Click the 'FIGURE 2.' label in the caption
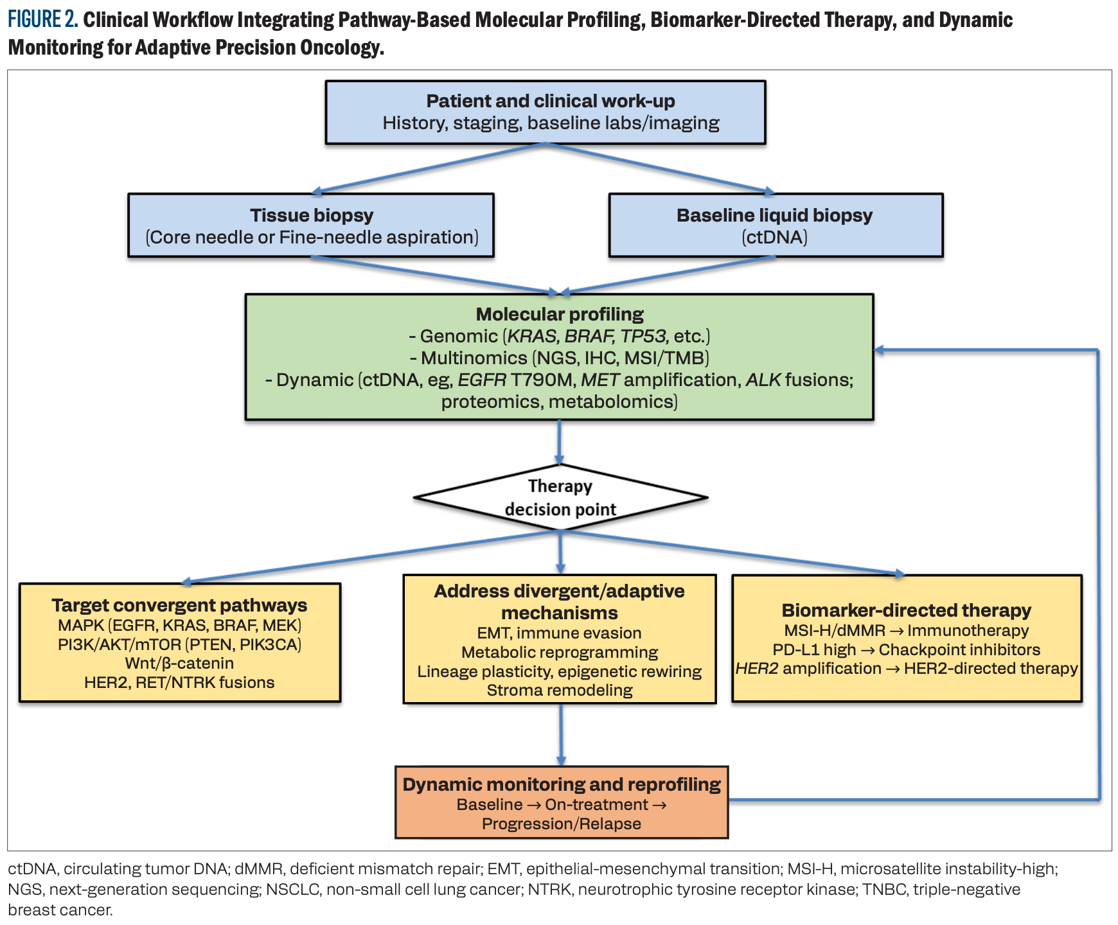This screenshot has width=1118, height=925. pyautogui.click(x=42, y=20)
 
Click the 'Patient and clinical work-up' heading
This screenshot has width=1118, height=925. pyautogui.click(x=551, y=101)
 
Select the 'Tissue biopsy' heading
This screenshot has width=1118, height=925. pyautogui.click(x=312, y=215)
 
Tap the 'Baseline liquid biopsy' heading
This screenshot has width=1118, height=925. pyautogui.click(x=774, y=215)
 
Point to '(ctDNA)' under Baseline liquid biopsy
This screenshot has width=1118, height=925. pyautogui.click(x=774, y=238)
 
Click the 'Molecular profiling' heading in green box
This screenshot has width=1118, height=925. pyautogui.click(x=560, y=314)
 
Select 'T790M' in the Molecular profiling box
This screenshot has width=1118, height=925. pyautogui.click(x=541, y=380)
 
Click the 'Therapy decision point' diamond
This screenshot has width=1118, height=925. pyautogui.click(x=560, y=498)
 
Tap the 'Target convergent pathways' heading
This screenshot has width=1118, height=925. pyautogui.click(x=179, y=605)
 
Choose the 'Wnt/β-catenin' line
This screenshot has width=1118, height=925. pyautogui.click(x=179, y=663)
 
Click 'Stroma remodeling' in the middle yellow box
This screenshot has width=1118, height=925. pyautogui.click(x=560, y=691)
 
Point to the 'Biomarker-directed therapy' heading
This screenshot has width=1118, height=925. pyautogui.click(x=906, y=610)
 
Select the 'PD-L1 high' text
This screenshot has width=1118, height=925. pyautogui.click(x=814, y=649)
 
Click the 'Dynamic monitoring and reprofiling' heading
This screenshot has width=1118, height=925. pyautogui.click(x=562, y=784)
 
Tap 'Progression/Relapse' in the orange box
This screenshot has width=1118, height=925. pyautogui.click(x=562, y=824)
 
